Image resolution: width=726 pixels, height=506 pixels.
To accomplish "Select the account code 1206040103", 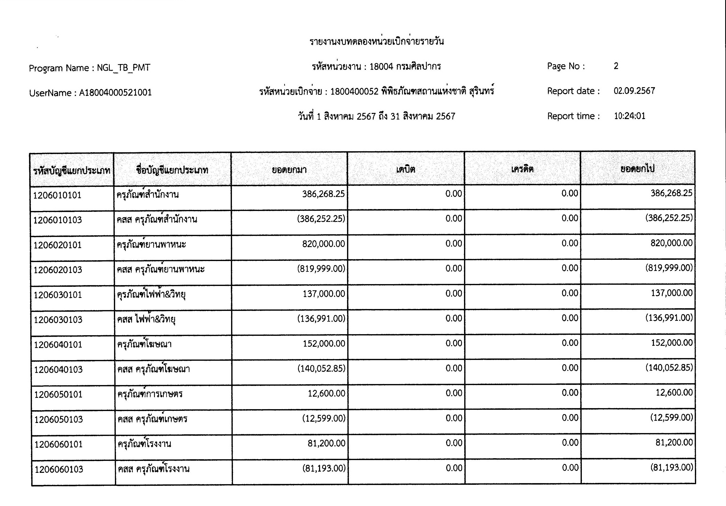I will pos(58,369).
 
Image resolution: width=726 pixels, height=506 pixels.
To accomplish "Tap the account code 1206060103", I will pos(59,469).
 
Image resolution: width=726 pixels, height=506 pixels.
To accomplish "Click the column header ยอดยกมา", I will pos(289,170).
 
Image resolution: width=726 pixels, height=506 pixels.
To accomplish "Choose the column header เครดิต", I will pos(522,169).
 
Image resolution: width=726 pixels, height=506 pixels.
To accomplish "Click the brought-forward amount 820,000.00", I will pos(323,244).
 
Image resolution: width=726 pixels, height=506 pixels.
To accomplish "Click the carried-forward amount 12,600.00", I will pos(674,392).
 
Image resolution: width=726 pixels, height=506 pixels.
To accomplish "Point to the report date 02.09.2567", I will pos(634,91).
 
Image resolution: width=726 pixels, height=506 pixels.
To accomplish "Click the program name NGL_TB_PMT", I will pos(123,68).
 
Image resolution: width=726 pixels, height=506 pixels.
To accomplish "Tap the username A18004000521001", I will pos(115,93).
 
